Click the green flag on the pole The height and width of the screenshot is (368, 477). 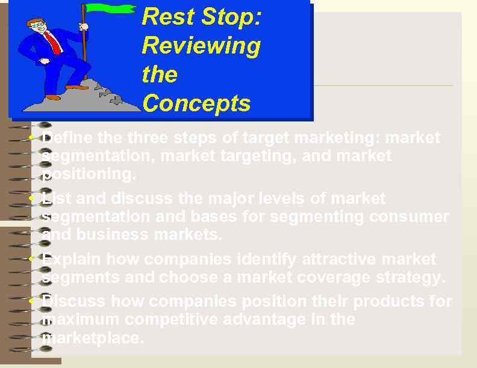tap(111, 8)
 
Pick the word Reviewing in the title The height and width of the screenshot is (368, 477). tap(201, 46)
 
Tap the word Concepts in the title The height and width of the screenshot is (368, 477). tap(196, 103)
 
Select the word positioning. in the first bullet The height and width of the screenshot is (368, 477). tap(89, 174)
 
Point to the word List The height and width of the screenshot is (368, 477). tap(58, 198)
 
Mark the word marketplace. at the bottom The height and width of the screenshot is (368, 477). tap(93, 337)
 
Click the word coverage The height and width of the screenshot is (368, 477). tap(325, 277)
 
